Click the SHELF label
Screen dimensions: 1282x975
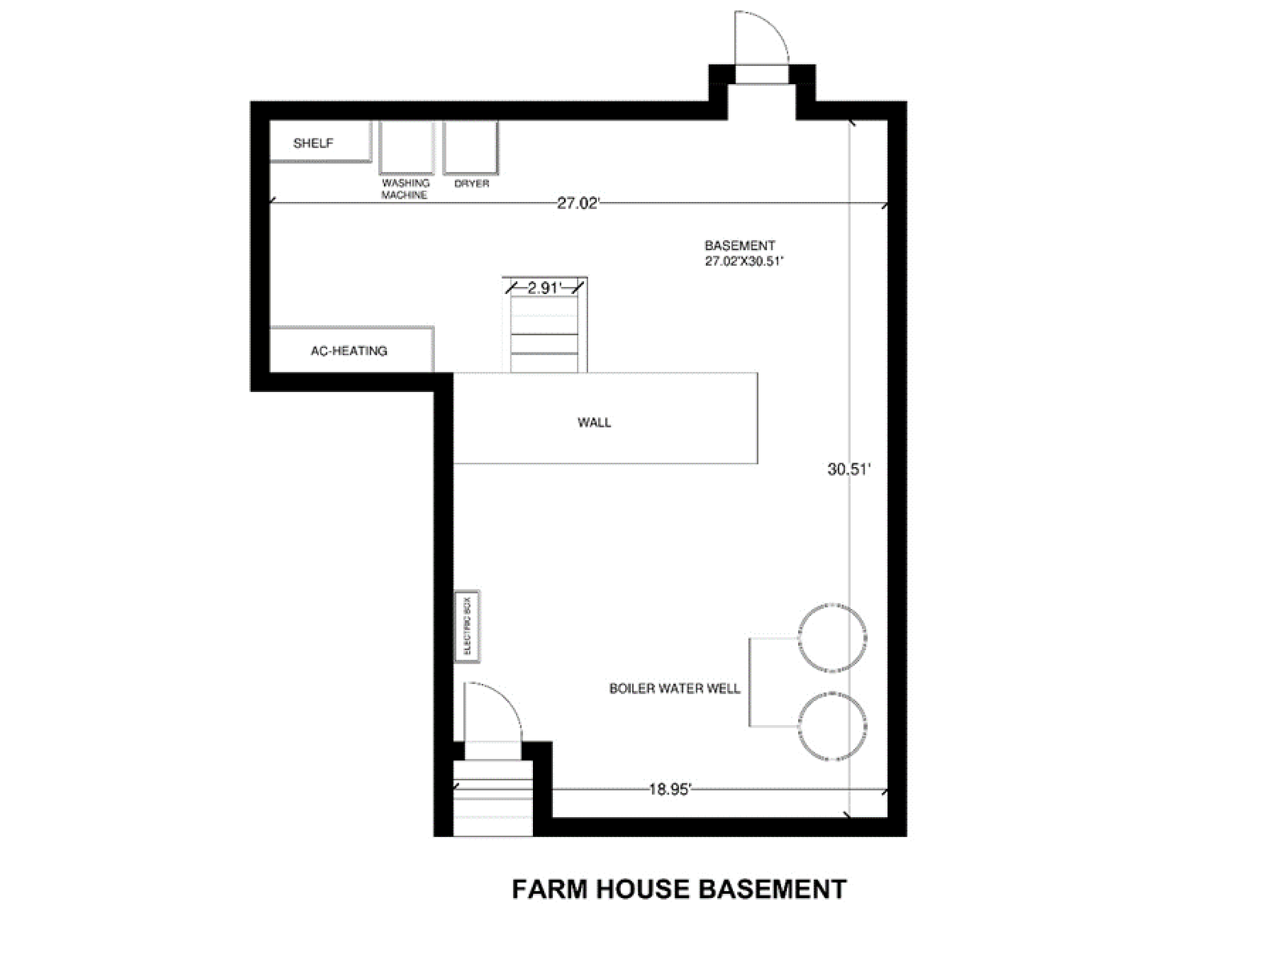313,143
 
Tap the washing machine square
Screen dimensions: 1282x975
406,147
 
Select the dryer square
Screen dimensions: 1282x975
471,147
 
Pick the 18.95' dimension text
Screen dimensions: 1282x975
671,789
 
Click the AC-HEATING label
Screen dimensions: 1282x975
349,351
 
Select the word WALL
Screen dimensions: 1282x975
594,422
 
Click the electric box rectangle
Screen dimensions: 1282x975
468,626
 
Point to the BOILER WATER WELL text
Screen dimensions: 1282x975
675,688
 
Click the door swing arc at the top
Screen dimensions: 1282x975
774,26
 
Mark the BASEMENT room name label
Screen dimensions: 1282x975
740,245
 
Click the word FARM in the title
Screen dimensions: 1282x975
550,889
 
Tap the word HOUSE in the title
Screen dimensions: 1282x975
643,889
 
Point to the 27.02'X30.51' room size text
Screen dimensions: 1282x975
744,261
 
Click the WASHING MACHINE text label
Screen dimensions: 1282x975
405,188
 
